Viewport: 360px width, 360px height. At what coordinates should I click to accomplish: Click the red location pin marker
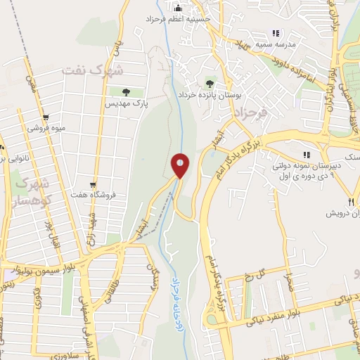click(180, 165)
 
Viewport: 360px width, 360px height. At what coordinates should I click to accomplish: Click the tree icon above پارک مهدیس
click(125, 91)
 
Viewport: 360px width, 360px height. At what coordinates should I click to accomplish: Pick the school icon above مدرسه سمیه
click(276, 32)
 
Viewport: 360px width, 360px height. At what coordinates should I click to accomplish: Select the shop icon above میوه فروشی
click(46, 118)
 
